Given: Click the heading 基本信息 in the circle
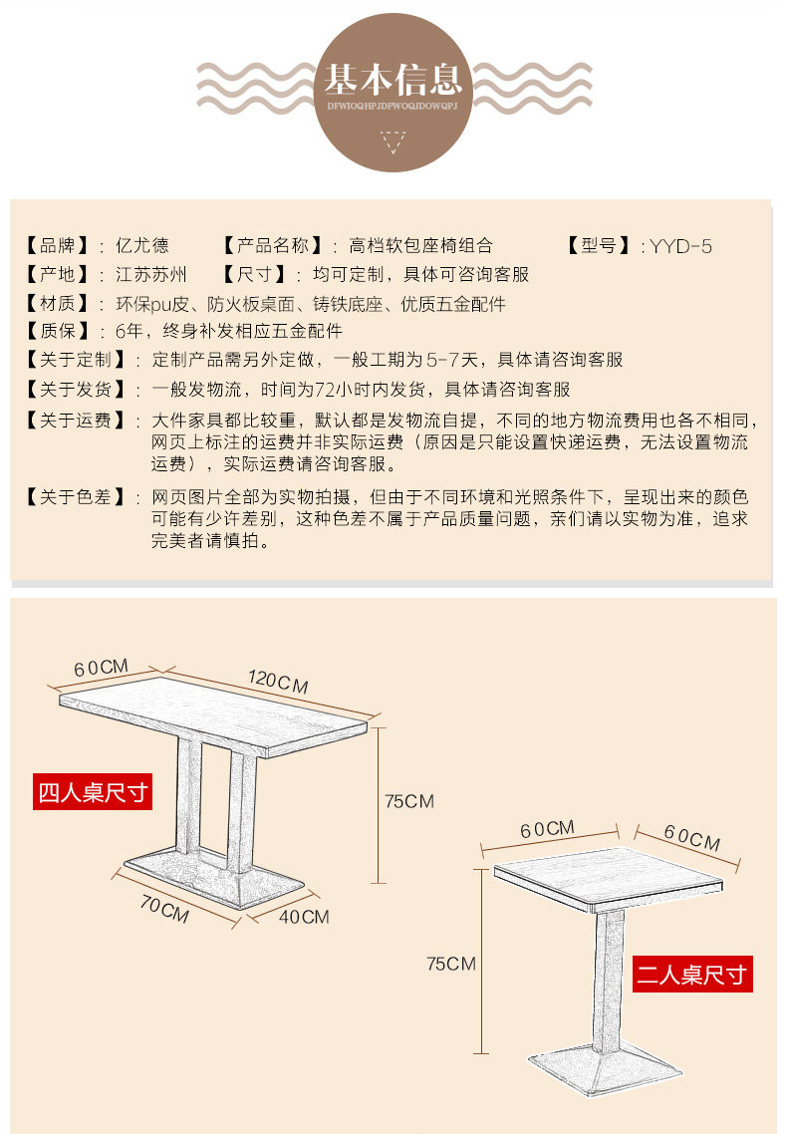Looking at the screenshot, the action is click(393, 78).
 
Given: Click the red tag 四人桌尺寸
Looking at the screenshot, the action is click(93, 792).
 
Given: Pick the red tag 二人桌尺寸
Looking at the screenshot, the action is click(692, 974).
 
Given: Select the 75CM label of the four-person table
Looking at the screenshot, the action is click(409, 801).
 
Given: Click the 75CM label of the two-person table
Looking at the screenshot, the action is click(450, 964).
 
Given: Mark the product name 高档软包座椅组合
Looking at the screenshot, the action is click(420, 246).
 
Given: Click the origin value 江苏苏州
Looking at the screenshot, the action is click(151, 274).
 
